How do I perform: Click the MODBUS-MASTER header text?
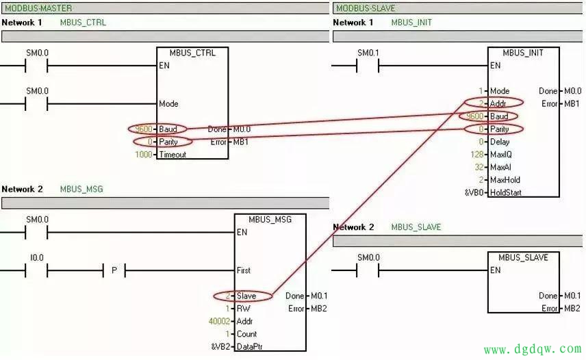38,8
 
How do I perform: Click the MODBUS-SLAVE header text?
364,8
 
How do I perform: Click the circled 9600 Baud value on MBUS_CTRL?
142,129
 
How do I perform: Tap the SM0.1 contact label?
368,53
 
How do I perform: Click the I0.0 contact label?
37,257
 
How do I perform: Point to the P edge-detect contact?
114,270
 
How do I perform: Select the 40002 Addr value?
219,322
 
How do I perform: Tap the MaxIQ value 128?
477,155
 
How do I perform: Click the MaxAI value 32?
479,167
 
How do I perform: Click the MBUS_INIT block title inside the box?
522,53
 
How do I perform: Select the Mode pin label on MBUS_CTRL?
168,104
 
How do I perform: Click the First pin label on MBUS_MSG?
243,270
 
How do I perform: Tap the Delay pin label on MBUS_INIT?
500,142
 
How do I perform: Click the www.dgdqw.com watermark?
533,350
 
